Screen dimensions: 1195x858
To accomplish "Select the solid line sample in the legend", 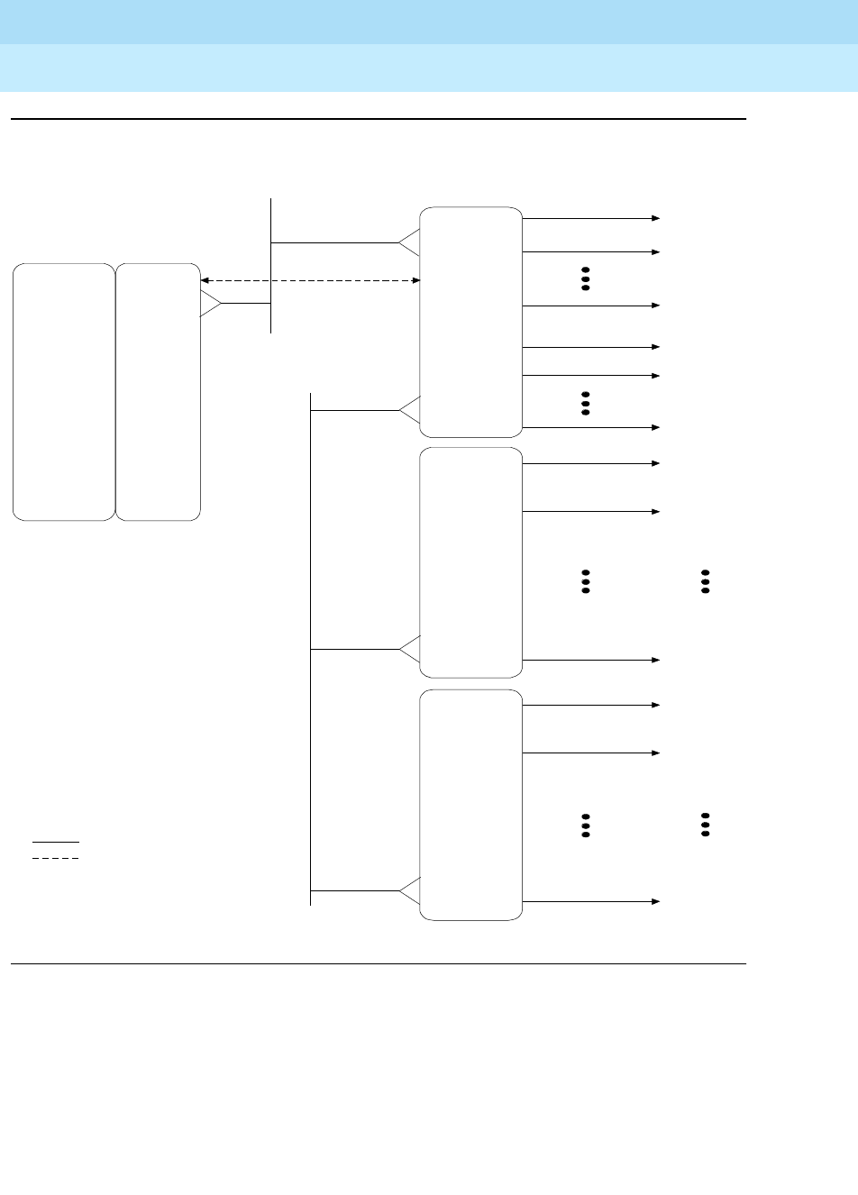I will [x=56, y=842].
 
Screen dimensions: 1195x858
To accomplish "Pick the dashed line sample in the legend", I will [x=56, y=858].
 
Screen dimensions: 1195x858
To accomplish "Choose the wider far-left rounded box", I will [x=64, y=392].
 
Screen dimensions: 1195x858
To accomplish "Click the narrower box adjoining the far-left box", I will [x=158, y=392].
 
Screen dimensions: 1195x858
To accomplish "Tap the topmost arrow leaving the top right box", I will [x=591, y=218].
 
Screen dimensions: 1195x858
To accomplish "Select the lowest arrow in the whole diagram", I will [x=591, y=901].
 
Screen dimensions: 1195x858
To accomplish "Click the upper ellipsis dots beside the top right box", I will [x=585, y=278].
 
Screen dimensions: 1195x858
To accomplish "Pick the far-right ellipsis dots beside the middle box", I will [x=706, y=581].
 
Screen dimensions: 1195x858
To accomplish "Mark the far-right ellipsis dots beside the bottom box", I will [x=704, y=824].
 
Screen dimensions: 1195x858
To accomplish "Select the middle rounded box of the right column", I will [x=471, y=562].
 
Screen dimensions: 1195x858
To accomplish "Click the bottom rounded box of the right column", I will [x=471, y=805].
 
